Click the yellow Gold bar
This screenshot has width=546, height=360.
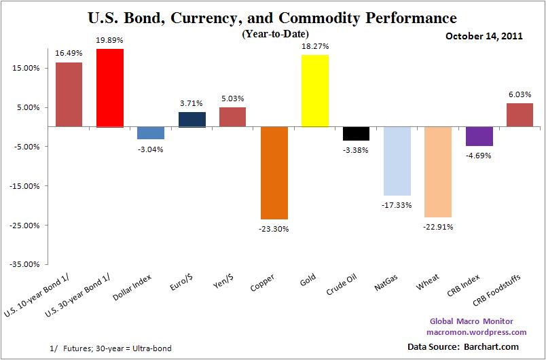pos(314,90)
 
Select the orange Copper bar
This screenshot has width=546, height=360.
pos(274,173)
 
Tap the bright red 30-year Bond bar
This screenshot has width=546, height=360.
pos(110,88)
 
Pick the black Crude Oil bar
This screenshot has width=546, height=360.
pos(356,133)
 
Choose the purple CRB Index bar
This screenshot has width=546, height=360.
pos(479,136)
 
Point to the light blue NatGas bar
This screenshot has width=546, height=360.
pos(397,161)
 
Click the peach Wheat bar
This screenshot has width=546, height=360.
pos(438,172)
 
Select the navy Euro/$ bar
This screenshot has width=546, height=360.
pos(192,120)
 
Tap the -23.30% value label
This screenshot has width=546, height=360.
pos(274,228)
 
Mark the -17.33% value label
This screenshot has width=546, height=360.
pos(397,204)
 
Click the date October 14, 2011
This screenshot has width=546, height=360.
pos(484,36)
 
